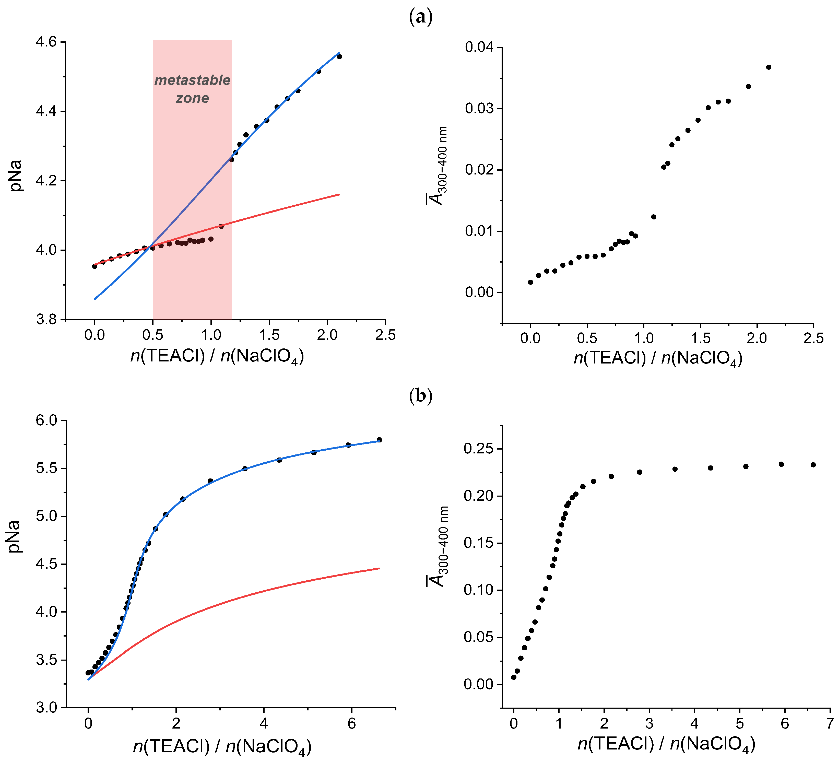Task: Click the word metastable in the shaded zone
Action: tap(192, 80)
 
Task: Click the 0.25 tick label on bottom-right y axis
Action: tap(478, 449)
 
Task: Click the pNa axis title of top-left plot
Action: tap(17, 176)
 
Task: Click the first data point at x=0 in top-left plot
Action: tap(94, 266)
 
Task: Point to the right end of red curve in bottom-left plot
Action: tap(379, 568)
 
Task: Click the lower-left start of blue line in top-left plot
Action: tap(95, 299)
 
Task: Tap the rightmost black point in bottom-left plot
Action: tap(379, 440)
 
